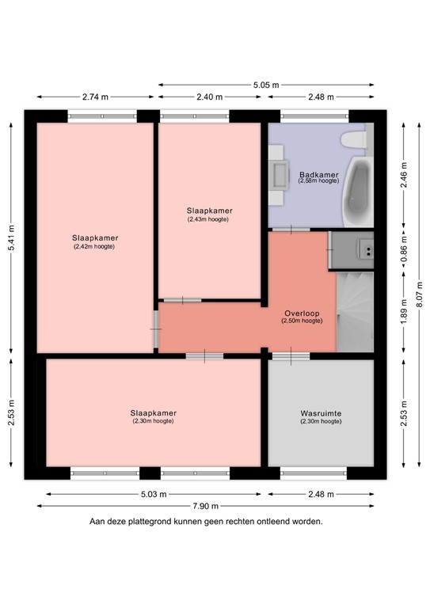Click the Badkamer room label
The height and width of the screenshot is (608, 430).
(318, 174)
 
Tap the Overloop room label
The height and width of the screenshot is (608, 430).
(301, 313)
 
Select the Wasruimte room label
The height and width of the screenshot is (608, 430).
(321, 413)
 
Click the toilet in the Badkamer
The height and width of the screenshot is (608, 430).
(352, 139)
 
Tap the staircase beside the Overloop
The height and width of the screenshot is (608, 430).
(354, 312)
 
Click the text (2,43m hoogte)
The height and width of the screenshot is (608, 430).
(209, 219)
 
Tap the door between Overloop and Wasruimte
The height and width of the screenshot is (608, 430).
(291, 356)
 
